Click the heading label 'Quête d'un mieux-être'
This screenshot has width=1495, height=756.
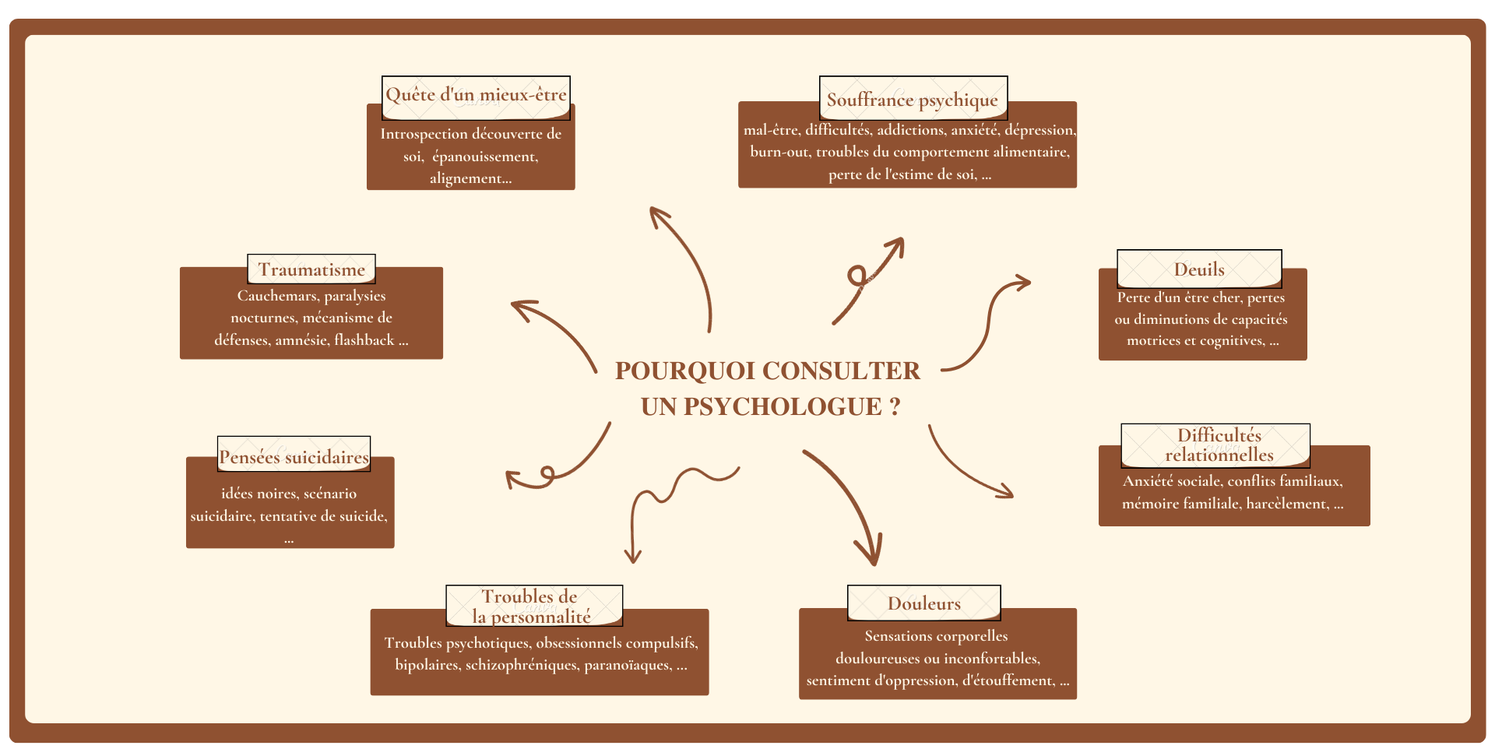click(476, 96)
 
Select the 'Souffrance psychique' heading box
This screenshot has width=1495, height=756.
click(913, 100)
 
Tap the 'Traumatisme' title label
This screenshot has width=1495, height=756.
click(311, 269)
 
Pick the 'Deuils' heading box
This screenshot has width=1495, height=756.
click(1199, 269)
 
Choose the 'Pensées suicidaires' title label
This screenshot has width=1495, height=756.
click(294, 457)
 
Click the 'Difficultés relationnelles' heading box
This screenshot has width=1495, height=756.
click(1219, 445)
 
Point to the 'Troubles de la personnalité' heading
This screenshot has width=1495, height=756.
click(533, 607)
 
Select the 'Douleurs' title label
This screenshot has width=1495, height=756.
click(924, 603)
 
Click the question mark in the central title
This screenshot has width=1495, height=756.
click(895, 406)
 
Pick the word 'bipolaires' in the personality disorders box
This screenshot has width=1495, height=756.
click(427, 665)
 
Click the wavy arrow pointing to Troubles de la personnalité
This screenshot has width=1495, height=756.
click(670, 498)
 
